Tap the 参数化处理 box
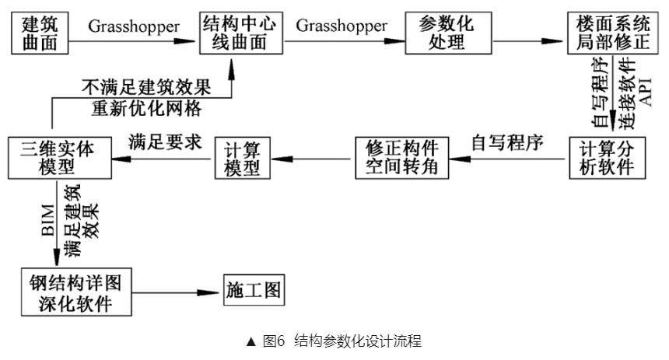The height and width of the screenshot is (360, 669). [440, 33]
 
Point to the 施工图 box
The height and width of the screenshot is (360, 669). [252, 291]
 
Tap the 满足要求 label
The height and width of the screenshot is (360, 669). [164, 142]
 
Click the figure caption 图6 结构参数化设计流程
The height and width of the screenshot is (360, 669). [334, 341]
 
